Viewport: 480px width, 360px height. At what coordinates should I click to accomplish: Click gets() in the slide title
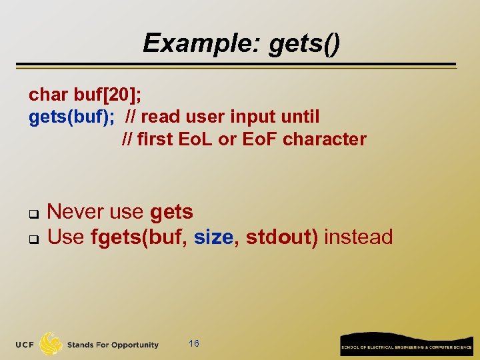point(304,43)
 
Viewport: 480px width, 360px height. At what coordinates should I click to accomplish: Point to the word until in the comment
point(301,117)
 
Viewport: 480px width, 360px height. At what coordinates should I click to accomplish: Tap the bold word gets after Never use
point(171,212)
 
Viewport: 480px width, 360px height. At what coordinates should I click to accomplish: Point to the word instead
point(358,237)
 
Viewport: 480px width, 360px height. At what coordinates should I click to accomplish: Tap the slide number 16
point(194,343)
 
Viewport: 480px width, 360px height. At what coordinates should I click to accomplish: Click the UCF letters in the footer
point(26,345)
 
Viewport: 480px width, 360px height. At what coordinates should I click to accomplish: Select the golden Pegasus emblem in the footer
point(51,344)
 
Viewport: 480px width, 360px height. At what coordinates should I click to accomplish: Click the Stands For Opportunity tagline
point(113,345)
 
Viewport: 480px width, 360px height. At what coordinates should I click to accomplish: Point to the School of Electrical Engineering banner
point(407,345)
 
